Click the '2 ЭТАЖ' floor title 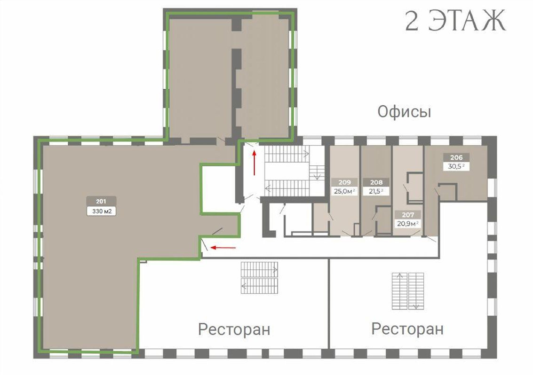(x=455, y=21)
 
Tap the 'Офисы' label (x=404, y=112)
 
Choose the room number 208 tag (x=376, y=182)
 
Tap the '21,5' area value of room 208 (x=376, y=191)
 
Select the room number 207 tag (x=407, y=214)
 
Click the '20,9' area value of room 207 (x=407, y=223)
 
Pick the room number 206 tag (x=456, y=158)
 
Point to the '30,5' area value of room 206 (x=456, y=166)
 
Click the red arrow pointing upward (x=255, y=163)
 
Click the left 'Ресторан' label (x=234, y=329)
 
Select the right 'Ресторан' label (x=407, y=328)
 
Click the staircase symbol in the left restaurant (x=259, y=277)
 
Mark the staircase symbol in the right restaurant (x=408, y=290)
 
